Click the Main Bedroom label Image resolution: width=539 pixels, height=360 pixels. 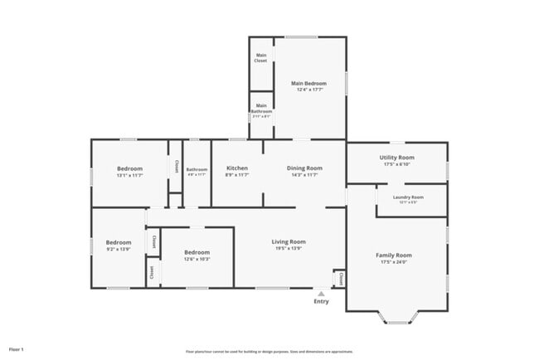(x=308, y=84)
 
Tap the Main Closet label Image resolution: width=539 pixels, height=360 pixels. (x=261, y=58)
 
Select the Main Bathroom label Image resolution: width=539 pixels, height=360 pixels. (x=261, y=108)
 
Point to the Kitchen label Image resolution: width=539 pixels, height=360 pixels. (x=237, y=168)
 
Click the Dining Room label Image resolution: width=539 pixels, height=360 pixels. (x=304, y=168)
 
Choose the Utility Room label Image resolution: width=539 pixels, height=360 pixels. (x=396, y=157)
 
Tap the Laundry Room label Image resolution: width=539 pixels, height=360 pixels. (x=408, y=197)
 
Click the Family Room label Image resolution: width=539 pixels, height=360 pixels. (x=396, y=255)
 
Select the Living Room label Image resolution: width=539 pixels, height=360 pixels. (x=289, y=241)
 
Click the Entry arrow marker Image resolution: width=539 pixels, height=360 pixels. (x=321, y=293)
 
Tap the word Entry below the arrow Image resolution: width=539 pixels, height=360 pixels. (x=321, y=302)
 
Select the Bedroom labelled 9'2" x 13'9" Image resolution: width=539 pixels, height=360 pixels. (x=118, y=245)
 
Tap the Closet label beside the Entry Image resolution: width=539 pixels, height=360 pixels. (x=339, y=278)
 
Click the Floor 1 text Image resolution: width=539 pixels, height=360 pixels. (x=17, y=349)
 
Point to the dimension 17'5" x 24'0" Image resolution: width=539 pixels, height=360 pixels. (x=396, y=263)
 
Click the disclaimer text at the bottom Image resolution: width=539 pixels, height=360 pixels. (x=269, y=352)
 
